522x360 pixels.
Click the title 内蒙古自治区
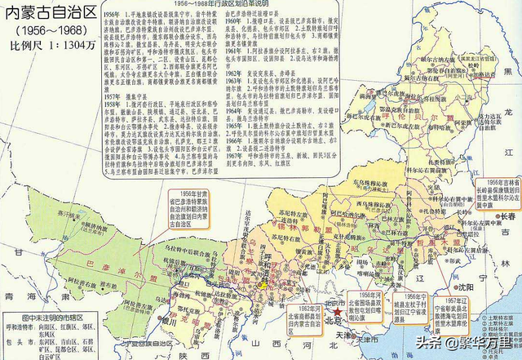[x=51, y=12]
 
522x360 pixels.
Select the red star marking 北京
[x=331, y=311]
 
